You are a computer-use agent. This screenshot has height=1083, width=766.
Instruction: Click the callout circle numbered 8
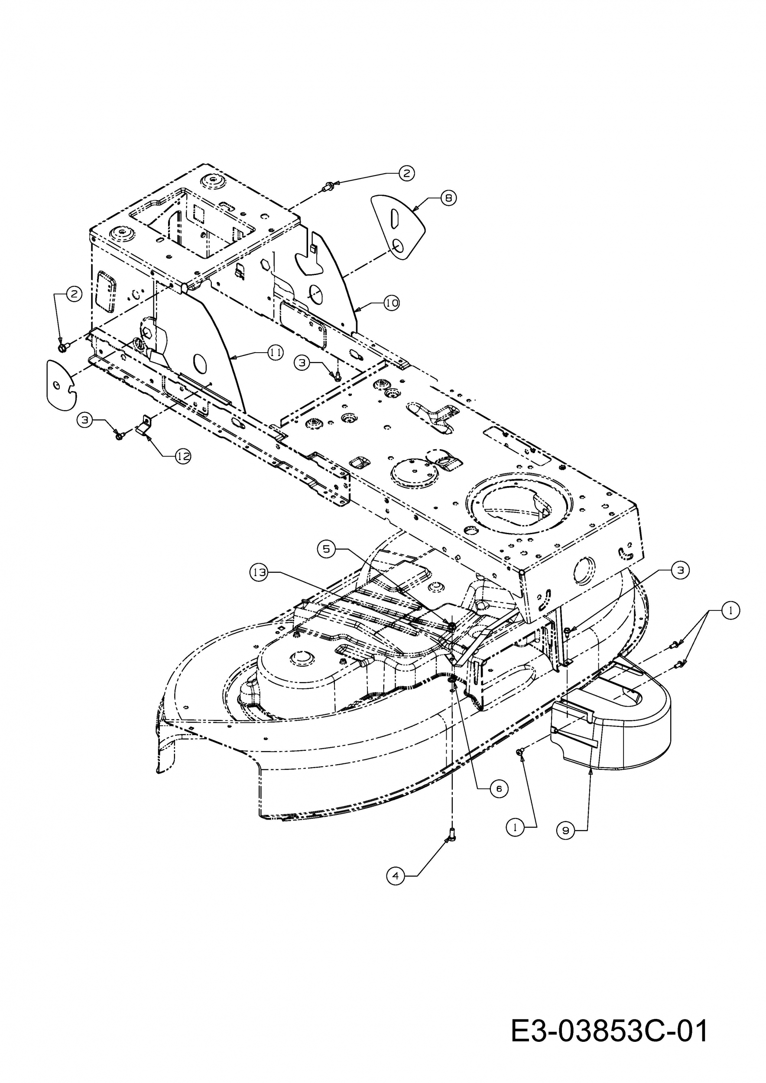tap(448, 198)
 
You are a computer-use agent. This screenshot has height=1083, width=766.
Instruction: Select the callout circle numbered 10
tap(392, 303)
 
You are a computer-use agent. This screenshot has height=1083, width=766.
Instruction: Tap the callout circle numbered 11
tap(276, 352)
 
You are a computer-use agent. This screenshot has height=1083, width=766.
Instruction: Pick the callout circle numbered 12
tap(183, 456)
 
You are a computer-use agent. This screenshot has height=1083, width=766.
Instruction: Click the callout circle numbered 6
tap(499, 789)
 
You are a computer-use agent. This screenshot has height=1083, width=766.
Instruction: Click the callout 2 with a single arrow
tap(406, 173)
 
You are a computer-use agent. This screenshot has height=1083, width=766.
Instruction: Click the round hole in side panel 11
tap(201, 362)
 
